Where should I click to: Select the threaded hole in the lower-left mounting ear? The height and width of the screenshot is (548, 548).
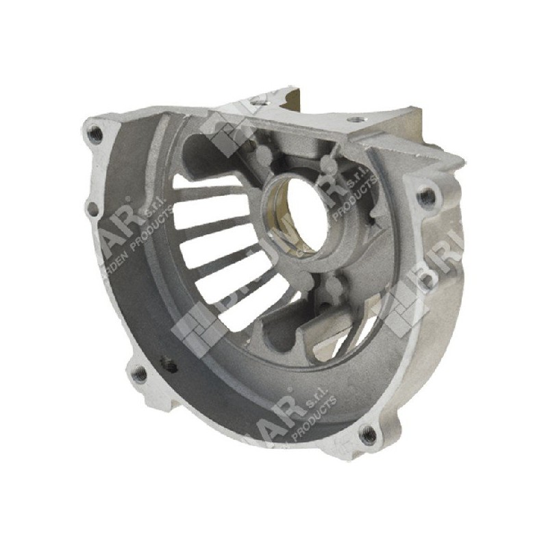pyautogui.click(x=139, y=373)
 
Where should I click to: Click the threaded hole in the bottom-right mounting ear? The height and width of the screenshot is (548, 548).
pyautogui.click(x=369, y=433)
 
